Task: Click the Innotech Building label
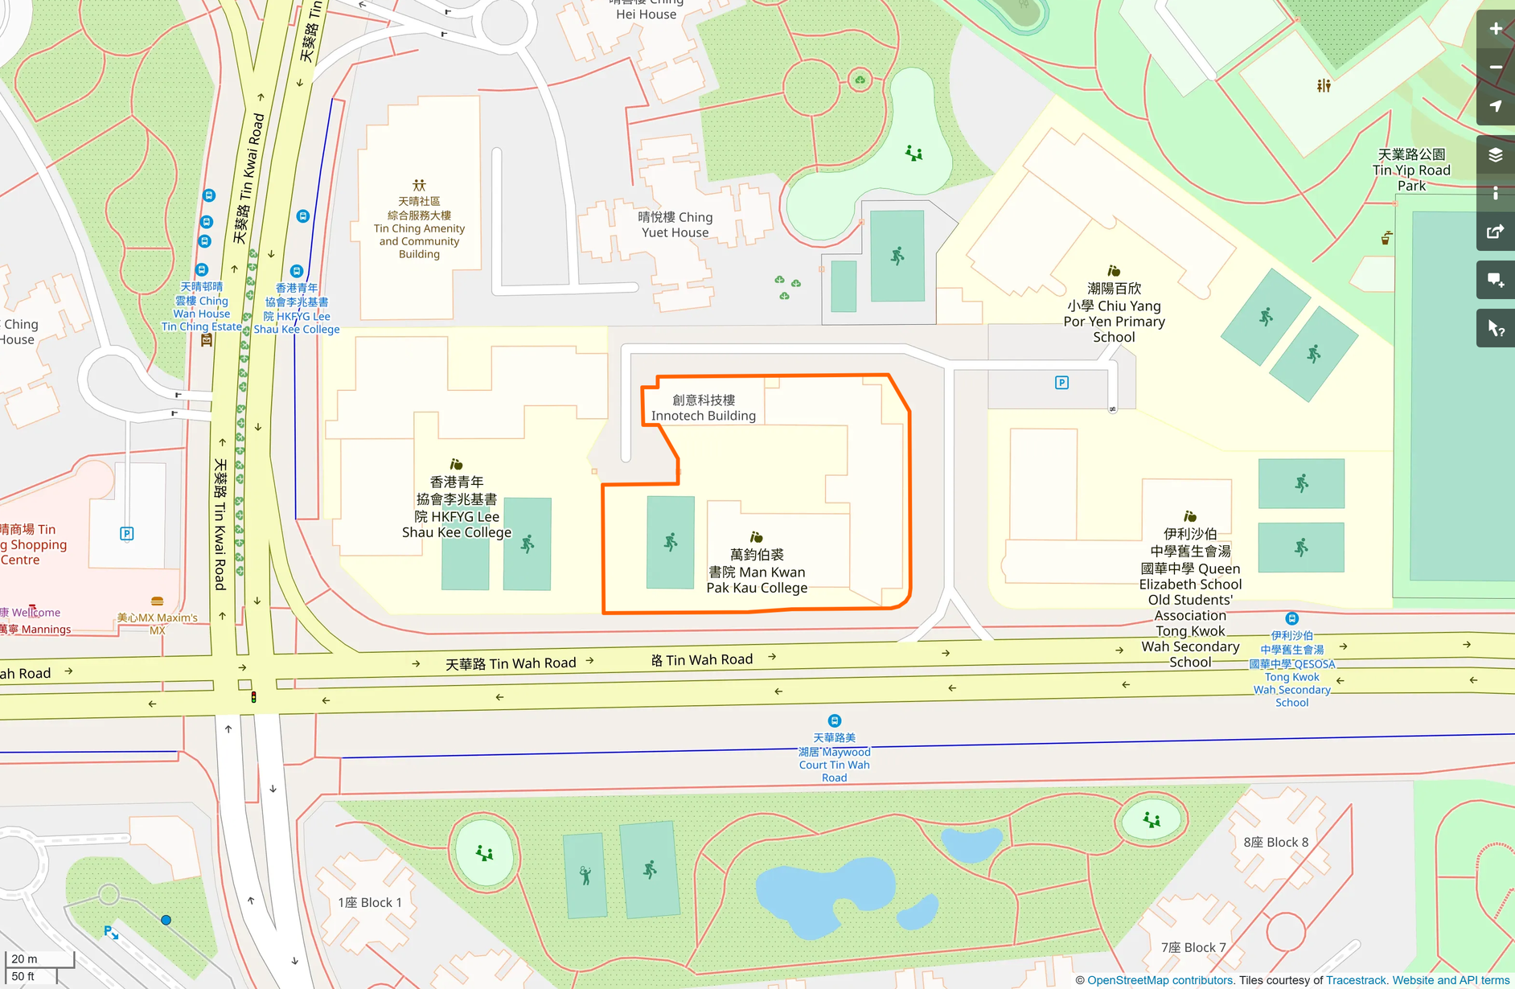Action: tap(703, 408)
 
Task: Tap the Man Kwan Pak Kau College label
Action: tap(757, 571)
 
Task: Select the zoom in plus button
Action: tap(1495, 29)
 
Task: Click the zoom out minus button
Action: tap(1495, 68)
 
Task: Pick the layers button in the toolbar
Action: tap(1495, 154)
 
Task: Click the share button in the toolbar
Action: tap(1495, 232)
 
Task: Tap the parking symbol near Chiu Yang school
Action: tap(1061, 383)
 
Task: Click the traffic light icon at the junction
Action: tap(253, 697)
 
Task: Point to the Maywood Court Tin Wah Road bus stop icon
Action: tap(834, 721)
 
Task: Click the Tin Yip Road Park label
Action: tap(1411, 170)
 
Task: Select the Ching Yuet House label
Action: tap(675, 224)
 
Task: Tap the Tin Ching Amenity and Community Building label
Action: tap(419, 228)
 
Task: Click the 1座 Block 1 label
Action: tap(369, 902)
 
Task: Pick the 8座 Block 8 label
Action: tap(1275, 842)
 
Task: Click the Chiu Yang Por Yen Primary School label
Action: tap(1114, 313)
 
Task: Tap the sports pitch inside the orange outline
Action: tap(671, 542)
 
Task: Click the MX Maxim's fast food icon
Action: tap(158, 601)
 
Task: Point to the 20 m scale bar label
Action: tap(24, 958)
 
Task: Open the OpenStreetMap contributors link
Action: tap(1160, 980)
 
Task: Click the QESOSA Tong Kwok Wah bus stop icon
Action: tap(1291, 618)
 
